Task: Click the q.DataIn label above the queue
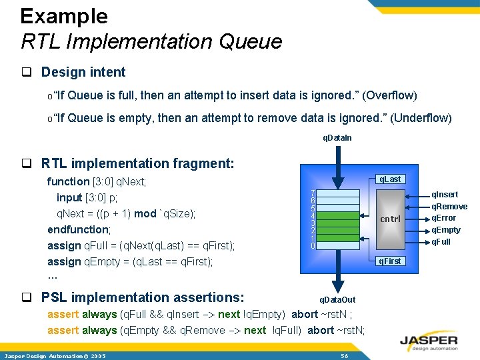pyautogui.click(x=337, y=138)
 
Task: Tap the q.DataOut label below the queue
pyautogui.click(x=338, y=300)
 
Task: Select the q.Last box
pyautogui.click(x=389, y=179)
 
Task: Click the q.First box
pyautogui.click(x=389, y=261)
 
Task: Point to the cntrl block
pyautogui.click(x=390, y=219)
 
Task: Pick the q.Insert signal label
pyautogui.click(x=445, y=195)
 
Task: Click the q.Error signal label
pyautogui.click(x=443, y=218)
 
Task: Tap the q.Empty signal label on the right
pyautogui.click(x=445, y=230)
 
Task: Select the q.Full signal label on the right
pyautogui.click(x=441, y=242)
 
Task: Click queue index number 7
pyautogui.click(x=313, y=193)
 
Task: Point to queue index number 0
pyautogui.click(x=313, y=246)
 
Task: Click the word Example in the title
pyautogui.click(x=64, y=16)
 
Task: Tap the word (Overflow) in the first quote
pyautogui.click(x=390, y=95)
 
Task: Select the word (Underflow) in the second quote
pyautogui.click(x=421, y=119)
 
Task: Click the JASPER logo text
pyautogui.click(x=429, y=338)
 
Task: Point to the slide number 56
pyautogui.click(x=345, y=356)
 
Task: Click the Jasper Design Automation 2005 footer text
pyautogui.click(x=54, y=356)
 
